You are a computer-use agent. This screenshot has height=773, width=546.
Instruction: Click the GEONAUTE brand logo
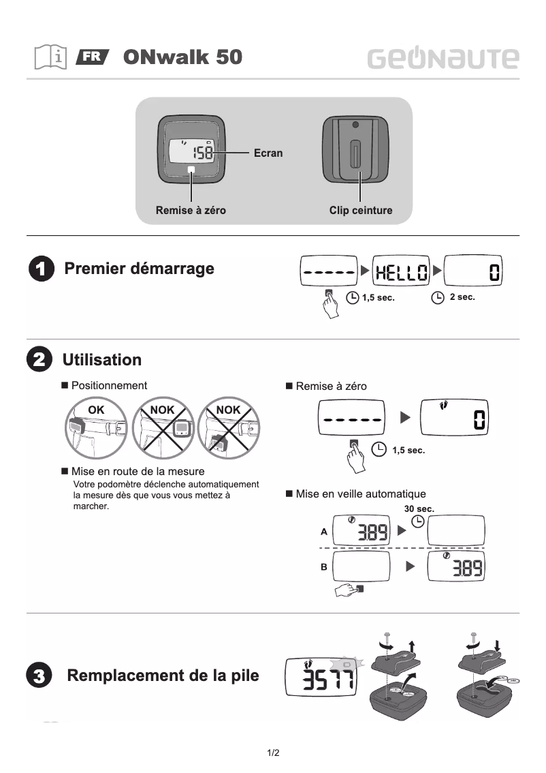tap(443, 59)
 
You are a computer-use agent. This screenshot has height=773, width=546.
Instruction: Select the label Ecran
tap(268, 153)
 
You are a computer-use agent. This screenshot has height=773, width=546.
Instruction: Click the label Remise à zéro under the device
tap(191, 211)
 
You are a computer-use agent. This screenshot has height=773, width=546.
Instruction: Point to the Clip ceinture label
tap(361, 211)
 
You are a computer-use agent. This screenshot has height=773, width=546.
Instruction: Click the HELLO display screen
tap(402, 273)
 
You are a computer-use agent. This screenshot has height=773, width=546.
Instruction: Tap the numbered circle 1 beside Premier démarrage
tap(41, 269)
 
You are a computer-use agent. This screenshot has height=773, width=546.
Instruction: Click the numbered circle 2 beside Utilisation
tap(38, 360)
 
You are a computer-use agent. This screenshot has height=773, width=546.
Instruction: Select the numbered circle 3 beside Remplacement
tap(39, 677)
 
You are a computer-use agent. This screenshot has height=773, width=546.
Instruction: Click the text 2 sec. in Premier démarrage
tap(462, 297)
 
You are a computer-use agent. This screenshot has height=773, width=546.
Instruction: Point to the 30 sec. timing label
tap(419, 509)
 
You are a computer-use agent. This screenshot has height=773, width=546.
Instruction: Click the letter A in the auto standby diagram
tap(324, 531)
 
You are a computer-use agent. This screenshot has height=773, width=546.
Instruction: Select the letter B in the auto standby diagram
tap(324, 566)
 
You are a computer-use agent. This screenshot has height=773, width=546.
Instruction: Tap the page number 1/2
tap(273, 753)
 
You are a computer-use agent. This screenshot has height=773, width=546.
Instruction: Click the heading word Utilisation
tap(102, 360)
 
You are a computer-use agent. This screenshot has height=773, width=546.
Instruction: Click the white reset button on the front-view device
tap(191, 169)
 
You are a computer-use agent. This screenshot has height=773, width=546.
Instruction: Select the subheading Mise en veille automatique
tap(360, 494)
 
